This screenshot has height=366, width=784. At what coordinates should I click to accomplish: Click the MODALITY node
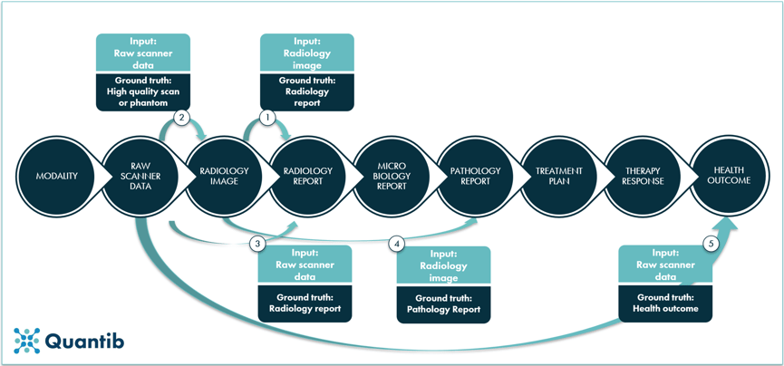click(x=56, y=176)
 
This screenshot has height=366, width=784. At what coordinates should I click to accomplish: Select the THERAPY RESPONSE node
click(x=643, y=176)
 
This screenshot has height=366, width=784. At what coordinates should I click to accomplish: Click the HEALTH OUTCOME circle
click(x=731, y=176)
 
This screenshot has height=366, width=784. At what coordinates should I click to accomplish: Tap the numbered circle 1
click(x=266, y=118)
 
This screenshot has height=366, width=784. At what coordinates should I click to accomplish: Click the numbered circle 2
click(x=182, y=118)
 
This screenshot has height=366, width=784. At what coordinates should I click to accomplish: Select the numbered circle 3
click(x=258, y=243)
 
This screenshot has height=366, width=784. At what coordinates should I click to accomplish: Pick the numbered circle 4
click(x=396, y=243)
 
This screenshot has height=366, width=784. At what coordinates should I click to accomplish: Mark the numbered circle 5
click(x=711, y=243)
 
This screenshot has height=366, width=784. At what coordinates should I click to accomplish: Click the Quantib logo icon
click(x=27, y=341)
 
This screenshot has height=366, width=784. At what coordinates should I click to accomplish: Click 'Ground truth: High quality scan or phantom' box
click(x=143, y=91)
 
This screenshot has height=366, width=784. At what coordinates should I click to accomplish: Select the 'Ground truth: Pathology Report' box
click(x=443, y=303)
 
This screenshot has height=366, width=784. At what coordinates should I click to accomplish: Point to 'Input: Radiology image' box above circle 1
click(x=306, y=53)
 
